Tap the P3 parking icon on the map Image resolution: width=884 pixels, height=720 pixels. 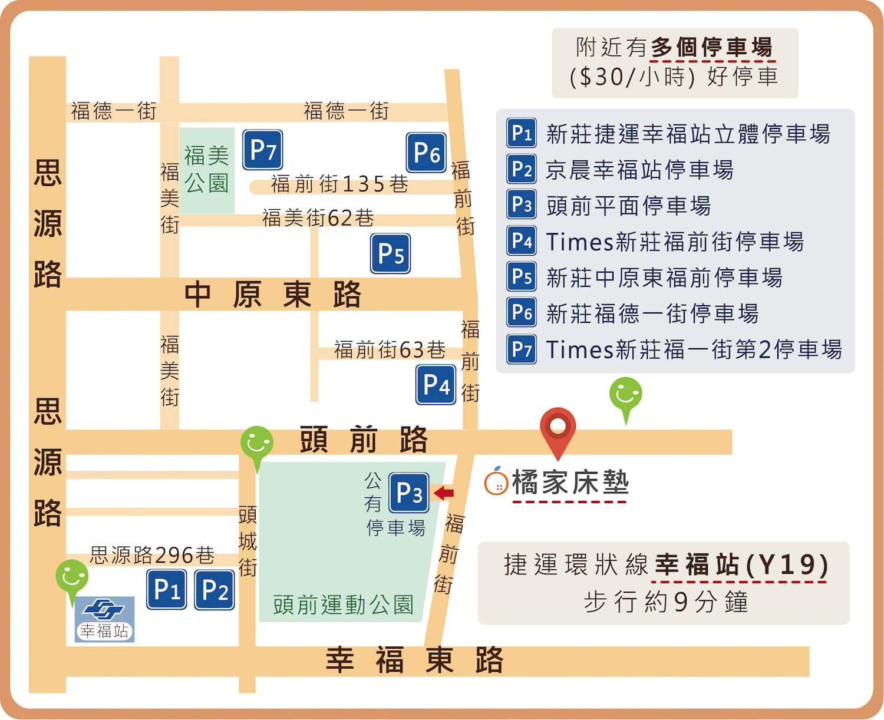(409, 493)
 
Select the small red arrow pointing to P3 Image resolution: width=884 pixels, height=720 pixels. (443, 493)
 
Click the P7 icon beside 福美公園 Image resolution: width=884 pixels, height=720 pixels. (263, 150)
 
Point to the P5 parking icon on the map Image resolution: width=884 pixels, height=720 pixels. (390, 254)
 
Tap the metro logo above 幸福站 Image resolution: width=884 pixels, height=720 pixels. (103, 610)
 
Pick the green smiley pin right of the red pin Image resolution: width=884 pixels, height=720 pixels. (625, 395)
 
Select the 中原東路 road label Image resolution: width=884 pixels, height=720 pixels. (272, 294)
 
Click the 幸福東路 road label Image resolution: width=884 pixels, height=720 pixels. (414, 660)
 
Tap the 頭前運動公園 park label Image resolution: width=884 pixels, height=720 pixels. (343, 605)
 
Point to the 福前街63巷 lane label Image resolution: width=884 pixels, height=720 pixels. (390, 349)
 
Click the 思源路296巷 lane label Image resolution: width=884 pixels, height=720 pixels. (152, 554)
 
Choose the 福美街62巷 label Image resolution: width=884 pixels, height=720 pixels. (318, 218)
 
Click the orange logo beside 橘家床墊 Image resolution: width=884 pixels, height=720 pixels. (496, 481)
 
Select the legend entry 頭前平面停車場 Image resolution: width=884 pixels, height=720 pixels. (628, 206)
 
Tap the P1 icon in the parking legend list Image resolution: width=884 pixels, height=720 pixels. (522, 133)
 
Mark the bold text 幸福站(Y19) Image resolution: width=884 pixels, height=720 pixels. (742, 564)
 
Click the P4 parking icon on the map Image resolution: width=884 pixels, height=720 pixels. (436, 385)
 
